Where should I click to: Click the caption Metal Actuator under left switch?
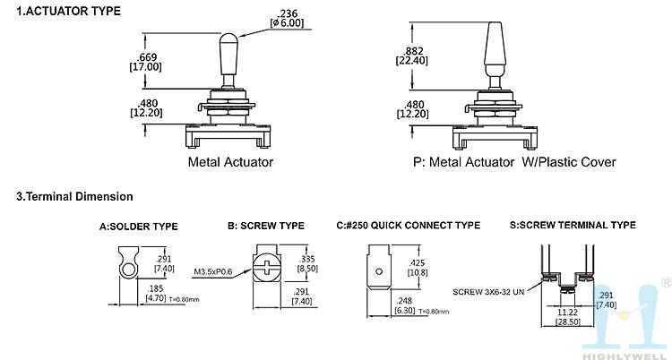[230, 162]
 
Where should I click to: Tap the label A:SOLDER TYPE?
[138, 226]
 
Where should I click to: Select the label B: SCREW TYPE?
[265, 226]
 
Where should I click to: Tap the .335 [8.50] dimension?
[306, 261]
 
